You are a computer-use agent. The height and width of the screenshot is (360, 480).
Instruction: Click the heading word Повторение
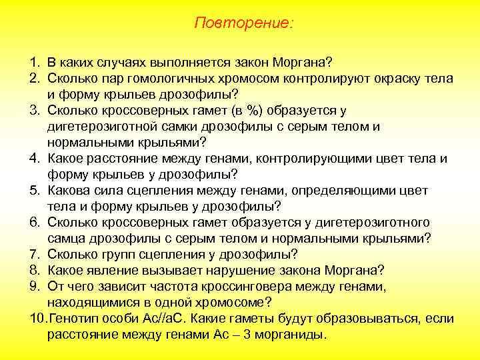[x=243, y=23]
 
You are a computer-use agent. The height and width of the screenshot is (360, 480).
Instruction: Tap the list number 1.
[x=34, y=63]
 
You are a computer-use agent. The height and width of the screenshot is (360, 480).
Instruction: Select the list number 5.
[x=34, y=191]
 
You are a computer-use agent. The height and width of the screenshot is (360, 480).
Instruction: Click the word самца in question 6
[x=67, y=238]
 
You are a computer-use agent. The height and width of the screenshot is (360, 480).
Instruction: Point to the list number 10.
[x=37, y=318]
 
